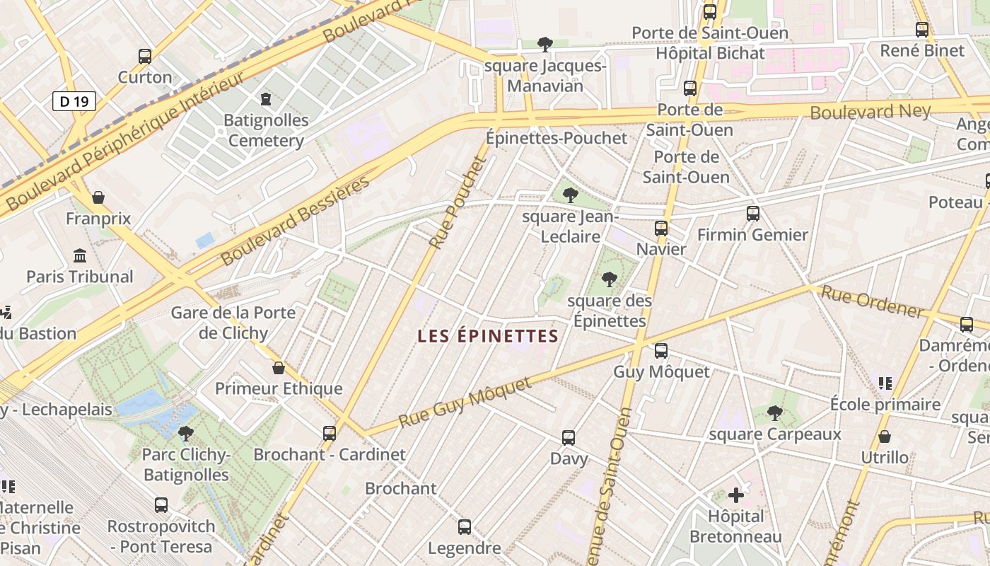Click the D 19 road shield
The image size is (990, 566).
pos(74,101)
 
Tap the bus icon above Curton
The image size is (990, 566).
pos(145,57)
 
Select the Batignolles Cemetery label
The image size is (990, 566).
pos(266,130)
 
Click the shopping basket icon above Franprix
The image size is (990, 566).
pos(98,197)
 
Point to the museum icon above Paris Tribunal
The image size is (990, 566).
pos(80,255)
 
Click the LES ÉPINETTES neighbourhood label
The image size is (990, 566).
pos(488,336)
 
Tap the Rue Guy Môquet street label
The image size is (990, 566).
pos(464,403)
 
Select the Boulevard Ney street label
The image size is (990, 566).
pos(870,111)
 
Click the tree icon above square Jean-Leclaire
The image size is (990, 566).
pos(571,195)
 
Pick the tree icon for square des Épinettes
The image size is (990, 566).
pos(609,279)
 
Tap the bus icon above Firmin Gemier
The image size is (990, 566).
pos(753,213)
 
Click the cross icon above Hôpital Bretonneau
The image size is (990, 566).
pos(736,495)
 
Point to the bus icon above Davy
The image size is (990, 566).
pos(569,437)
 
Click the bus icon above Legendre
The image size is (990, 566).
pos(465,526)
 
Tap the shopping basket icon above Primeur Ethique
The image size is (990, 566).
pos(279,367)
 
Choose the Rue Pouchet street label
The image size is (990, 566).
pos(459,202)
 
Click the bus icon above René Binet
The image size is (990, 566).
pos(922,30)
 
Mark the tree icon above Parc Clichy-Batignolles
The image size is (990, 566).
pos(186,433)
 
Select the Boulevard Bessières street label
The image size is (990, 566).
pos(295,221)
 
